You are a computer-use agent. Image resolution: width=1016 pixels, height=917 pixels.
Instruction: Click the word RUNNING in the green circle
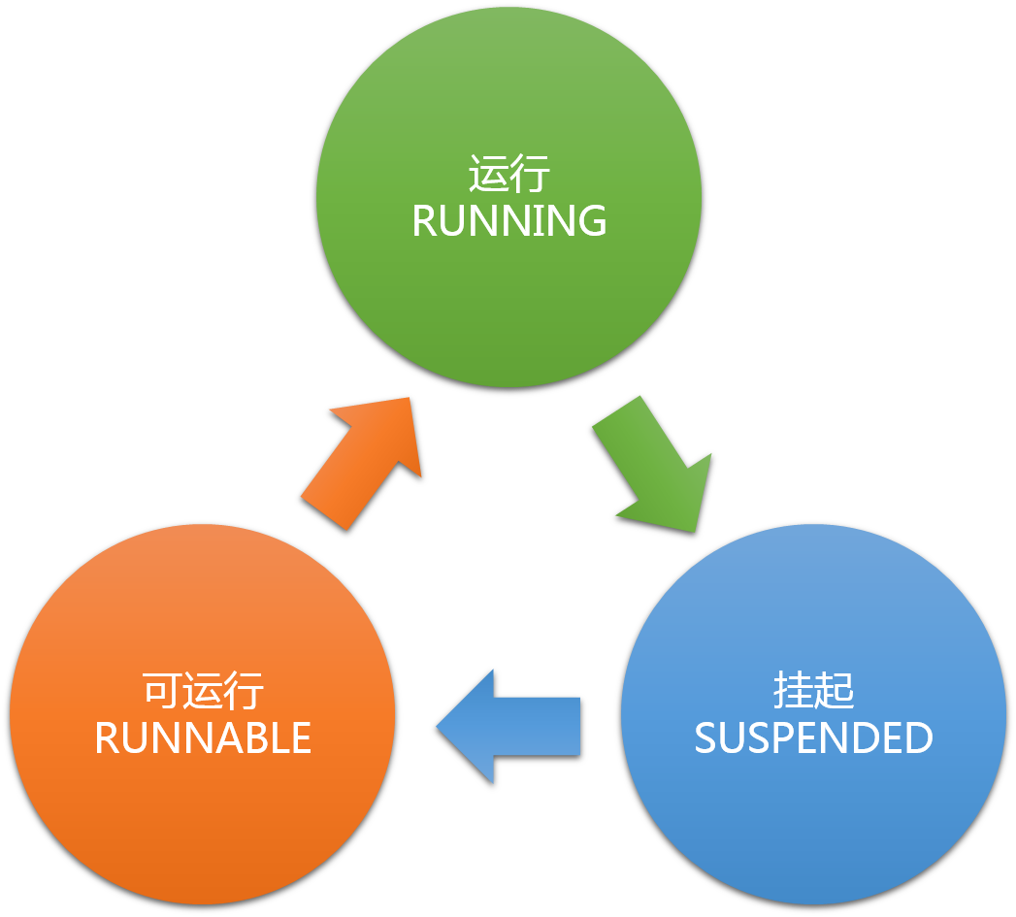[508, 221]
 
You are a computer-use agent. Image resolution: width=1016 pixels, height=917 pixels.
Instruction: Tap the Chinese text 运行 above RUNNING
[508, 176]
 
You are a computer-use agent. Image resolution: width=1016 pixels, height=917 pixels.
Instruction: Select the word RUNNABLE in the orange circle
[203, 738]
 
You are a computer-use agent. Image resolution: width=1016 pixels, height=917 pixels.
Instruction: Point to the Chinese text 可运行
[203, 693]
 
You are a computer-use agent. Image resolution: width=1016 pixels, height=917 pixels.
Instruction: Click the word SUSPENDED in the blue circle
[813, 738]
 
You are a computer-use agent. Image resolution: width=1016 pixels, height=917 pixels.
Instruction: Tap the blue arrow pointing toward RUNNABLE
[514, 726]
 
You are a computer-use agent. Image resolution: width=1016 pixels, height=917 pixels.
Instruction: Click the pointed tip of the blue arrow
[440, 726]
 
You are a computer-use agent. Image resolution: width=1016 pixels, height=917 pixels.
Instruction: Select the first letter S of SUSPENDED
[705, 738]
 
